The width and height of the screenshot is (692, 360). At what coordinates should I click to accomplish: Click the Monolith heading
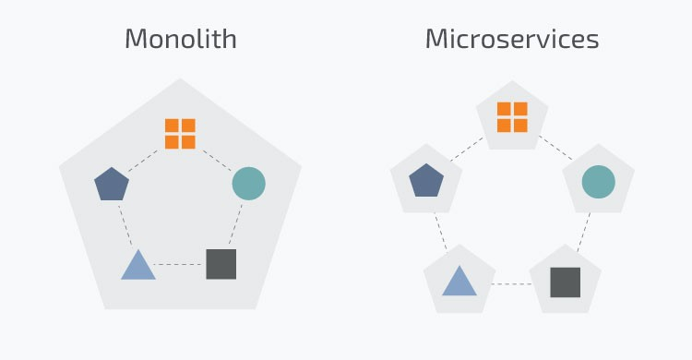180,39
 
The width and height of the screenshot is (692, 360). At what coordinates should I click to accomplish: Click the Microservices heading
511,39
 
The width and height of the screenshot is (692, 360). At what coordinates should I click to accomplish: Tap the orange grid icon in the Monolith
180,134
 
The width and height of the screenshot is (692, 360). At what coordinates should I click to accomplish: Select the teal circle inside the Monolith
248,184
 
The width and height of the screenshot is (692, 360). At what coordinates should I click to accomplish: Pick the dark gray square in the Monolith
221,264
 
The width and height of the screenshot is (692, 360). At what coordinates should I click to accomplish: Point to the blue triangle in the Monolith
138,266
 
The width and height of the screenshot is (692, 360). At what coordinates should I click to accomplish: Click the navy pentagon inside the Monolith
112,184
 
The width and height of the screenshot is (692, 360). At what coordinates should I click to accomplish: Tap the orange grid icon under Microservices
512,117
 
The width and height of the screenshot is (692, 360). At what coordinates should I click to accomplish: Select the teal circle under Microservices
598,181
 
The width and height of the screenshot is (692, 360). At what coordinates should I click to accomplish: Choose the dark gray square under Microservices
565,282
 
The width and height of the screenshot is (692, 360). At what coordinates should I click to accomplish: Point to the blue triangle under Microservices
459,281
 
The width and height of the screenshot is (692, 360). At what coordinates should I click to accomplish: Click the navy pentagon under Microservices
425,180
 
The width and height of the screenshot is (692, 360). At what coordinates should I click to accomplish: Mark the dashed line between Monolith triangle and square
180,265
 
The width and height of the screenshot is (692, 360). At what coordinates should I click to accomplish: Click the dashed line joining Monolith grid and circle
216,158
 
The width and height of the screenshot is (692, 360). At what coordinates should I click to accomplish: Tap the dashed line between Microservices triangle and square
512,283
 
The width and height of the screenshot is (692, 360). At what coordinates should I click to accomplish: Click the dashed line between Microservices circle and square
584,231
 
